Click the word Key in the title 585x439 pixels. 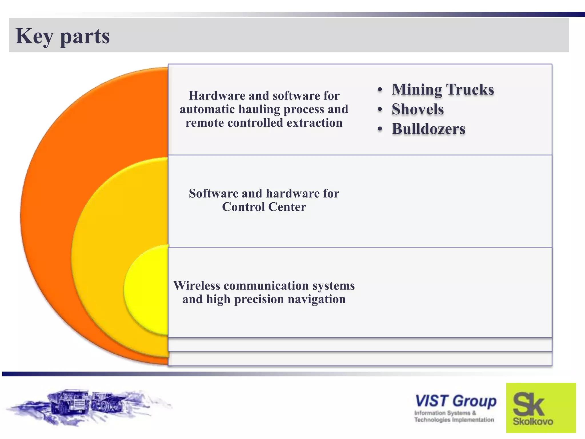click(34, 37)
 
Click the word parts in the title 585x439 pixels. click(85, 37)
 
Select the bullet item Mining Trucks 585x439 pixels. click(442, 89)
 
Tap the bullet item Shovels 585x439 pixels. click(418, 109)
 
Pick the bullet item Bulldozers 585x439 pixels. click(428, 129)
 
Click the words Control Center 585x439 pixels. click(264, 207)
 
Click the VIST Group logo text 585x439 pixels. click(456, 401)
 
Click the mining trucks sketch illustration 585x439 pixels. click(86, 406)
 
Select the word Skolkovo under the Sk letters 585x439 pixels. click(533, 421)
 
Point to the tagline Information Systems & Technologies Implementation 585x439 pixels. click(454, 416)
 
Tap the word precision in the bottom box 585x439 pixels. click(259, 299)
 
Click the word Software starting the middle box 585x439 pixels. click(213, 193)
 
